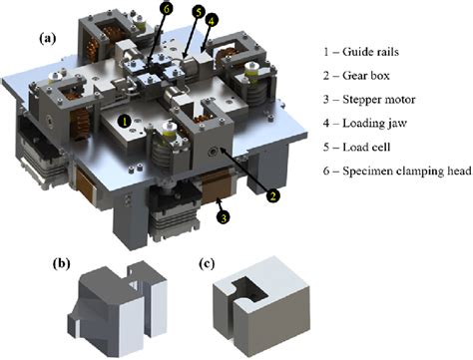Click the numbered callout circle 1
125,122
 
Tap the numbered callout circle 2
272,195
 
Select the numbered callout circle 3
224,217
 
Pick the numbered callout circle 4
212,21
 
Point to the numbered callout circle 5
199,12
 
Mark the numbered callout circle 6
167,8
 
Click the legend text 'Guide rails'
370,52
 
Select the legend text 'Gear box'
366,76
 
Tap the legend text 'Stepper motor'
379,100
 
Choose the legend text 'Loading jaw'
375,124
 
